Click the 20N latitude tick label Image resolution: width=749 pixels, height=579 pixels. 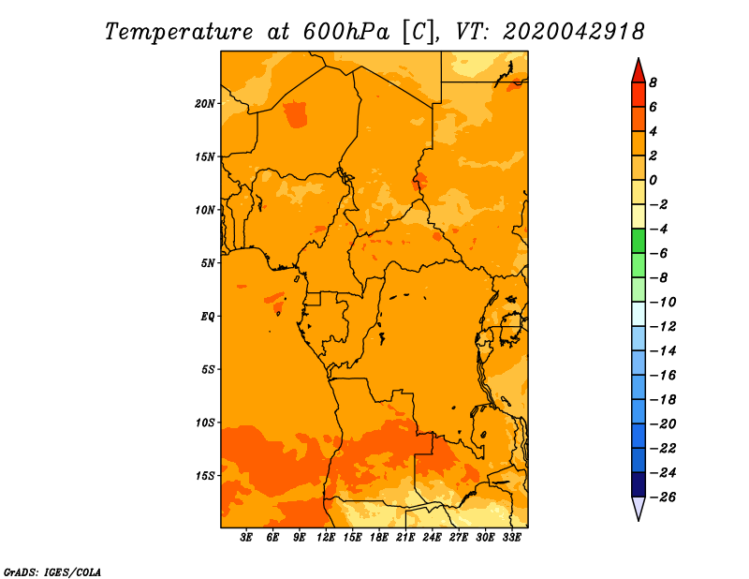click(x=205, y=104)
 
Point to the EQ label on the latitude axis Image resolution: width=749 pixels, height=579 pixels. click(x=207, y=317)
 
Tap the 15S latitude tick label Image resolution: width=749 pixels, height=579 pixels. click(x=205, y=476)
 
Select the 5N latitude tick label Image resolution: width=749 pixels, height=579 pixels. click(x=208, y=263)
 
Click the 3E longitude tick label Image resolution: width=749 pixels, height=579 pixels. click(x=245, y=538)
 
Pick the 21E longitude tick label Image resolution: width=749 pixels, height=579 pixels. click(x=405, y=538)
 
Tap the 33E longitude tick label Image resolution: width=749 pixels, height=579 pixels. click(x=511, y=538)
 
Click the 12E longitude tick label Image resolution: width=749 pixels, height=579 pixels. click(x=325, y=538)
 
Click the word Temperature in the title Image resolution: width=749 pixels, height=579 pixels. click(x=179, y=32)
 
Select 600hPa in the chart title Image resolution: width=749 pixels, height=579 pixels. click(x=345, y=32)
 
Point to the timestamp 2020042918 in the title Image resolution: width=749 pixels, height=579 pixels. click(x=574, y=32)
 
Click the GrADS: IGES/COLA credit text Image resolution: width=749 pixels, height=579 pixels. click(x=52, y=572)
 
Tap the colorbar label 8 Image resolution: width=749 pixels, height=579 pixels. click(x=653, y=82)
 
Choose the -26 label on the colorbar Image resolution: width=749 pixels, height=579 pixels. click(x=663, y=497)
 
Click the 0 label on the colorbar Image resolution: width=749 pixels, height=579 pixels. click(x=653, y=180)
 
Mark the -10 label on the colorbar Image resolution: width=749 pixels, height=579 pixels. click(x=663, y=303)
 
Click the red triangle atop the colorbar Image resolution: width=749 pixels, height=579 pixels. click(x=639, y=71)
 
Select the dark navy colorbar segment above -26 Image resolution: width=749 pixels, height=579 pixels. click(x=639, y=484)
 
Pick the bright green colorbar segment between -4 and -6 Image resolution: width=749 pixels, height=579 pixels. click(x=639, y=241)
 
